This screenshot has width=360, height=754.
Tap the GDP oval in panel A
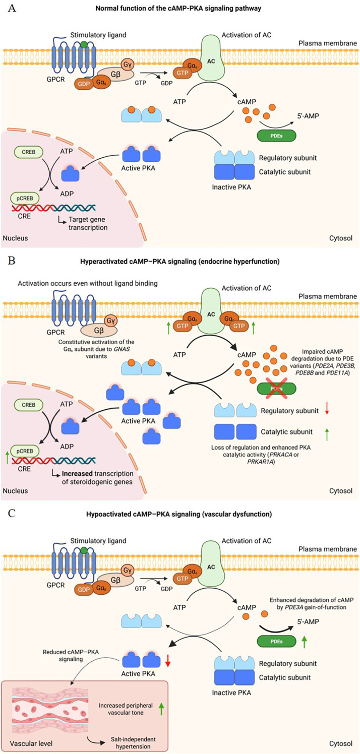pos(84,84)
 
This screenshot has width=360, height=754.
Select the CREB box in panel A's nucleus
pos(29,152)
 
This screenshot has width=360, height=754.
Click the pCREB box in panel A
pos(25,198)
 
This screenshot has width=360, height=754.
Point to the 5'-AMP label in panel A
pos(308,116)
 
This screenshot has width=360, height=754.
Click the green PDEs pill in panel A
pos(276,136)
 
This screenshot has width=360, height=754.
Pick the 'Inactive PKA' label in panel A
pos(231,187)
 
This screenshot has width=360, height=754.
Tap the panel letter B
pos(12,261)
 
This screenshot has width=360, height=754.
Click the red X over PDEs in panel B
pos(276,388)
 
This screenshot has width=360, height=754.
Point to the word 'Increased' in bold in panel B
pos(77,473)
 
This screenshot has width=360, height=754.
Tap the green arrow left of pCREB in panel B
pos(8,458)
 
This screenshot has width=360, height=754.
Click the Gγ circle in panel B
pos(111,321)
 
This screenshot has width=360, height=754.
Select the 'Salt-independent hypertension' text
pos(133,742)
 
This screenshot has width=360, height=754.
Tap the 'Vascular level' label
pos(31,743)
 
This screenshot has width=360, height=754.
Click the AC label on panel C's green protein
pos(211,567)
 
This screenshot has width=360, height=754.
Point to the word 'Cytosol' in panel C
pos(341,743)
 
